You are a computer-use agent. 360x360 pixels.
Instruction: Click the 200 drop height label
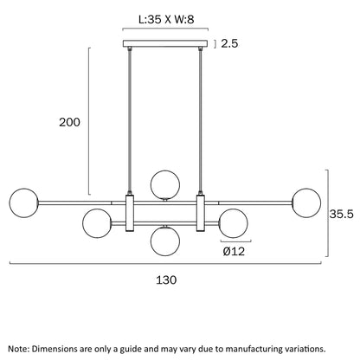(69, 122)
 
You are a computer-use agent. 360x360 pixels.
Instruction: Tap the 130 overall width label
(166, 280)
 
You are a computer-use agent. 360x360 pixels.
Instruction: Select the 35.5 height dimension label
(342, 214)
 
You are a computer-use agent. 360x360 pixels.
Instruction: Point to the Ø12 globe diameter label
(234, 251)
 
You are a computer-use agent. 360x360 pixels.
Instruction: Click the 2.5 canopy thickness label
(229, 43)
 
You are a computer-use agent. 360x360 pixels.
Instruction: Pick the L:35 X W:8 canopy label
(166, 20)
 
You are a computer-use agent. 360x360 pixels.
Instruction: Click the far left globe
(23, 202)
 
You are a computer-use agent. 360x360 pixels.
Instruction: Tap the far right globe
(306, 202)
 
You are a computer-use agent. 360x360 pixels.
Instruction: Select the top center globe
(165, 184)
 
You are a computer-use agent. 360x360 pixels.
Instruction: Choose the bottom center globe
(165, 241)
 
